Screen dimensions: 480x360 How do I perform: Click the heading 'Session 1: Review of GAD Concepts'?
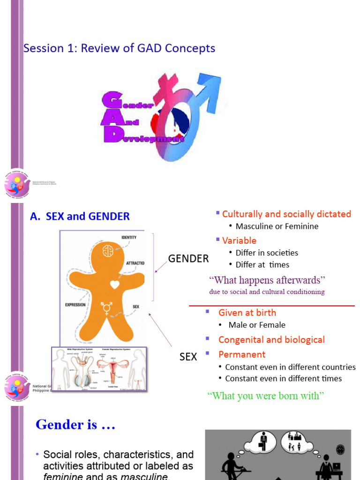pos(119,48)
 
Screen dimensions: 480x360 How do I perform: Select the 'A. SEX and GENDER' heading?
pos(80,217)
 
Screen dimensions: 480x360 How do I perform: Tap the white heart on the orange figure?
pos(114,284)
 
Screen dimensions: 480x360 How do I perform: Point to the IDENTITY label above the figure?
pos(129,237)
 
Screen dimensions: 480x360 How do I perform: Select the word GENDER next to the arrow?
pos(188,259)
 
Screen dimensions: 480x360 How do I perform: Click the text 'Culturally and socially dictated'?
pos(286,214)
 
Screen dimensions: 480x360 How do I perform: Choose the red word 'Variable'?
pos(239,240)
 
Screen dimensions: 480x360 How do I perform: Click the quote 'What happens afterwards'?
pos(267,280)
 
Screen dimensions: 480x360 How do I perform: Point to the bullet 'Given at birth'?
pos(247,313)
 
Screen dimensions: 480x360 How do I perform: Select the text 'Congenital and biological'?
pos(271,340)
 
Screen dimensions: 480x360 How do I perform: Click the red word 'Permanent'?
pos(242,354)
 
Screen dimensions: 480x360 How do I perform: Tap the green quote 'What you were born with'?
pos(266,396)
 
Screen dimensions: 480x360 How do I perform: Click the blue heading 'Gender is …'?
pos(75,425)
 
